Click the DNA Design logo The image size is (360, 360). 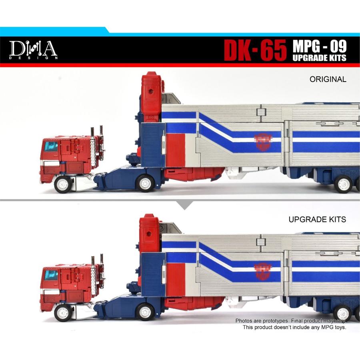[34, 50]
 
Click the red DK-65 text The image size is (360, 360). [255, 50]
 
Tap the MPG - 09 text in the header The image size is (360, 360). [319, 46]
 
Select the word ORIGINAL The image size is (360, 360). [328, 79]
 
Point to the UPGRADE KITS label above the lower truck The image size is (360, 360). [317, 220]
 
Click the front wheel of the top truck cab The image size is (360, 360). [63, 184]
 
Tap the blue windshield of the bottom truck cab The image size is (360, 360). [51, 275]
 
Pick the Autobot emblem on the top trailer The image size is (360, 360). [262, 140]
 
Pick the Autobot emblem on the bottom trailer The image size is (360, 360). [262, 269]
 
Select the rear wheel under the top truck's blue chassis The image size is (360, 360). [144, 183]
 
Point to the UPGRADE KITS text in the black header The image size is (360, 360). [319, 58]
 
